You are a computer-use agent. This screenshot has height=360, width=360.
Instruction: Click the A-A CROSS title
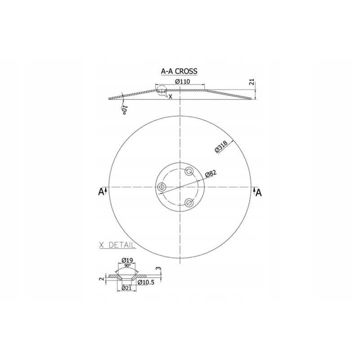pos(179,71)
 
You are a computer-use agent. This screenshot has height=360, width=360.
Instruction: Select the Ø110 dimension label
pos(183,81)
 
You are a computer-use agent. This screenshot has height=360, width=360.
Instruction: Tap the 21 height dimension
pos(252,82)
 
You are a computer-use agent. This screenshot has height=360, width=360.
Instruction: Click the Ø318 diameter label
pos(221,147)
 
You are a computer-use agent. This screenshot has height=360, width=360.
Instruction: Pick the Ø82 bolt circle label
pos(211,174)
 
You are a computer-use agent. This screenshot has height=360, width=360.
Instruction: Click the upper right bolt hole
pos(189,171)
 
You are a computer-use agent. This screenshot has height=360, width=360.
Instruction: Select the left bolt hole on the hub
pos(162,187)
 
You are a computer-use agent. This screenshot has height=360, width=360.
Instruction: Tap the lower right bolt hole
pos(189,203)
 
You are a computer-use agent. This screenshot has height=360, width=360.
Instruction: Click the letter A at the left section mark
pos(101,192)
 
